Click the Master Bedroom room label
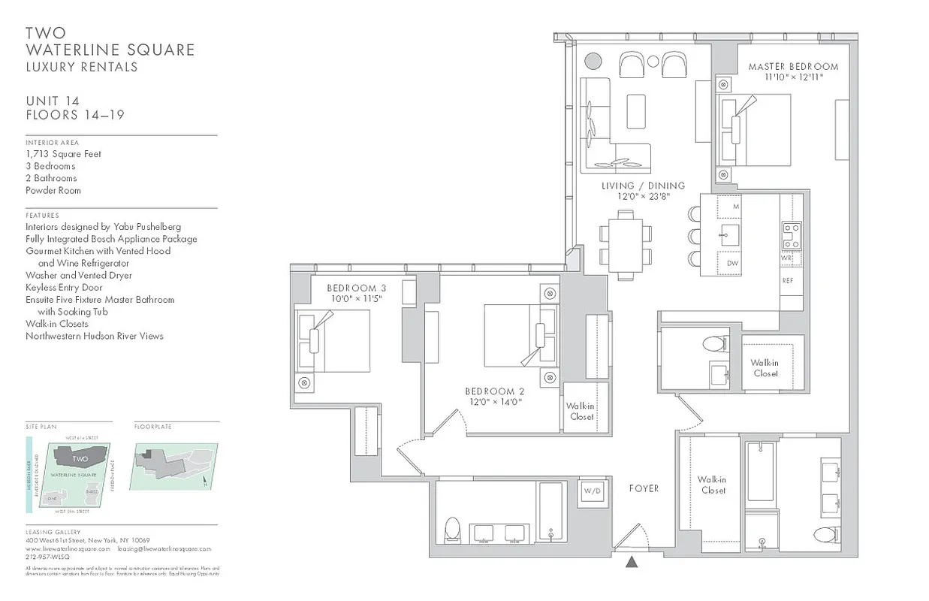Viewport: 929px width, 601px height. coord(793,67)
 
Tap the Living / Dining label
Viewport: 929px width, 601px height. coord(643,186)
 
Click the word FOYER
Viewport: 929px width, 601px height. coord(644,488)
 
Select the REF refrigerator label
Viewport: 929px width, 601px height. coord(788,280)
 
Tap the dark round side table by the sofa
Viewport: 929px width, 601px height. coord(593,61)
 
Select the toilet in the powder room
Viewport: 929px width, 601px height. coord(713,346)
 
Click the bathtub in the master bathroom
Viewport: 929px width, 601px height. coord(760,471)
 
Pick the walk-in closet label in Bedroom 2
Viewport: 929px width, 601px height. coord(581,411)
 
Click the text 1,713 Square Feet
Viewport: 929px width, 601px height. coord(63,154)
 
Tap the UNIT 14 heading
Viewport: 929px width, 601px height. coord(53,101)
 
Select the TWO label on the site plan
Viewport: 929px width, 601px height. coord(80,458)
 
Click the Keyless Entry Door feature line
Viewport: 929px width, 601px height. coord(64,287)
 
